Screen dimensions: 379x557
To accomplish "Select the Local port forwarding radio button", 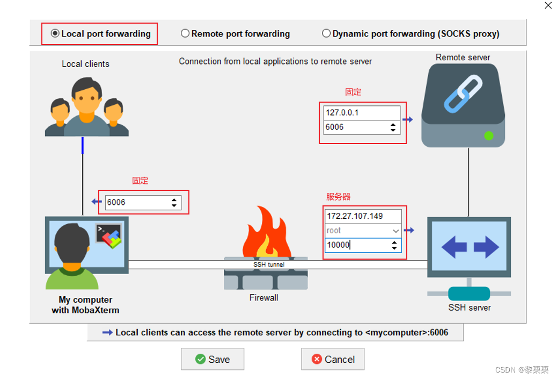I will tap(55, 34).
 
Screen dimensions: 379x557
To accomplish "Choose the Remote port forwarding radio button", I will tap(185, 34).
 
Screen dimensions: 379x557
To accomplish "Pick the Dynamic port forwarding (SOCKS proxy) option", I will tap(326, 34).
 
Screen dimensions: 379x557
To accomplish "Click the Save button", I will tap(212, 359).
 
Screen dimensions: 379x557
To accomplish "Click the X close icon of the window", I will tap(548, 5).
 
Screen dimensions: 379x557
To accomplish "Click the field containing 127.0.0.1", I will tap(362, 113).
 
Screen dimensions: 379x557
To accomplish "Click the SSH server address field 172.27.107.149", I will tap(363, 216).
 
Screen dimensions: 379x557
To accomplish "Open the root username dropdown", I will tap(395, 231).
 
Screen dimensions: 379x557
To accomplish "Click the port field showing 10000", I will tap(357, 245).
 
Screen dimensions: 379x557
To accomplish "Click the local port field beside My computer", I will tap(137, 203).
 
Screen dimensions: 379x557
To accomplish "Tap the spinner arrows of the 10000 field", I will tap(394, 245).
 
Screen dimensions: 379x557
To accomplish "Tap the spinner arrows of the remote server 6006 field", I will tap(393, 127).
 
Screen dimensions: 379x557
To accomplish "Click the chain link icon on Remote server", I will tap(463, 94).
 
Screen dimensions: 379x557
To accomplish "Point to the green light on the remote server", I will tap(488, 135).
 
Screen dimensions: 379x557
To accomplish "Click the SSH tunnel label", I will tap(269, 264).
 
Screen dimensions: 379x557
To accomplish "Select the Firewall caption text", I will tap(264, 297).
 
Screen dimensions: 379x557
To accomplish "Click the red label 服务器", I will tap(338, 197).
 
